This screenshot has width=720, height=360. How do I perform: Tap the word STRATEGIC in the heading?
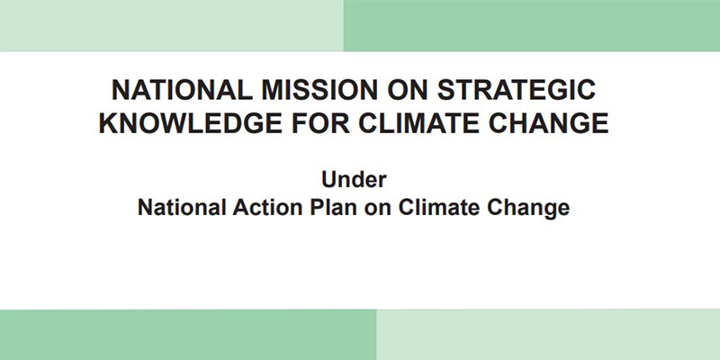point(517,90)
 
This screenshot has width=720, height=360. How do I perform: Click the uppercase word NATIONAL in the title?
point(182,90)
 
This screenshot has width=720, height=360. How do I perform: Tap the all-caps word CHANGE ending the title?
point(549,123)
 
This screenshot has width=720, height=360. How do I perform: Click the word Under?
point(354,179)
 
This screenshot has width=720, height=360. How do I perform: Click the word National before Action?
point(182,207)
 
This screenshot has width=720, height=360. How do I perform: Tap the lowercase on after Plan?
point(378,209)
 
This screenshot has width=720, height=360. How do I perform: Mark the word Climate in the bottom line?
point(439,207)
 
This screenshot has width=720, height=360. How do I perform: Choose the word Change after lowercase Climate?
point(528,209)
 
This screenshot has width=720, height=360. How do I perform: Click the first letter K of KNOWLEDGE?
point(108,123)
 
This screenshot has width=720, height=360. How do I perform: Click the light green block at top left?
point(172,26)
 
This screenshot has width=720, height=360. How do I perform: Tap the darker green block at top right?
point(532,26)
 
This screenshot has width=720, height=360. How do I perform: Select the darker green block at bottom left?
point(188,335)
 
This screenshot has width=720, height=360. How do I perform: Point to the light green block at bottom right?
point(548,335)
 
